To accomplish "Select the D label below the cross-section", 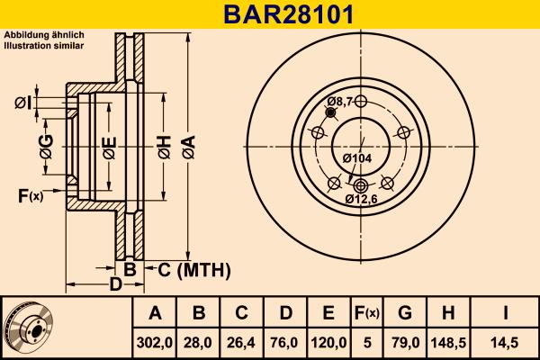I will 114,285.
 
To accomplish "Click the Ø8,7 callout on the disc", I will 338,101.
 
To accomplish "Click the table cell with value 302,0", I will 155,341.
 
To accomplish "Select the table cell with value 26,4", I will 241,341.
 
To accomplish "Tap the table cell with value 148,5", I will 447,341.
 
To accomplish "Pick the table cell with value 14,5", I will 507,341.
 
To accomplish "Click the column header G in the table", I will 405,313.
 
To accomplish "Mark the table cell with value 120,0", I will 328,341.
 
